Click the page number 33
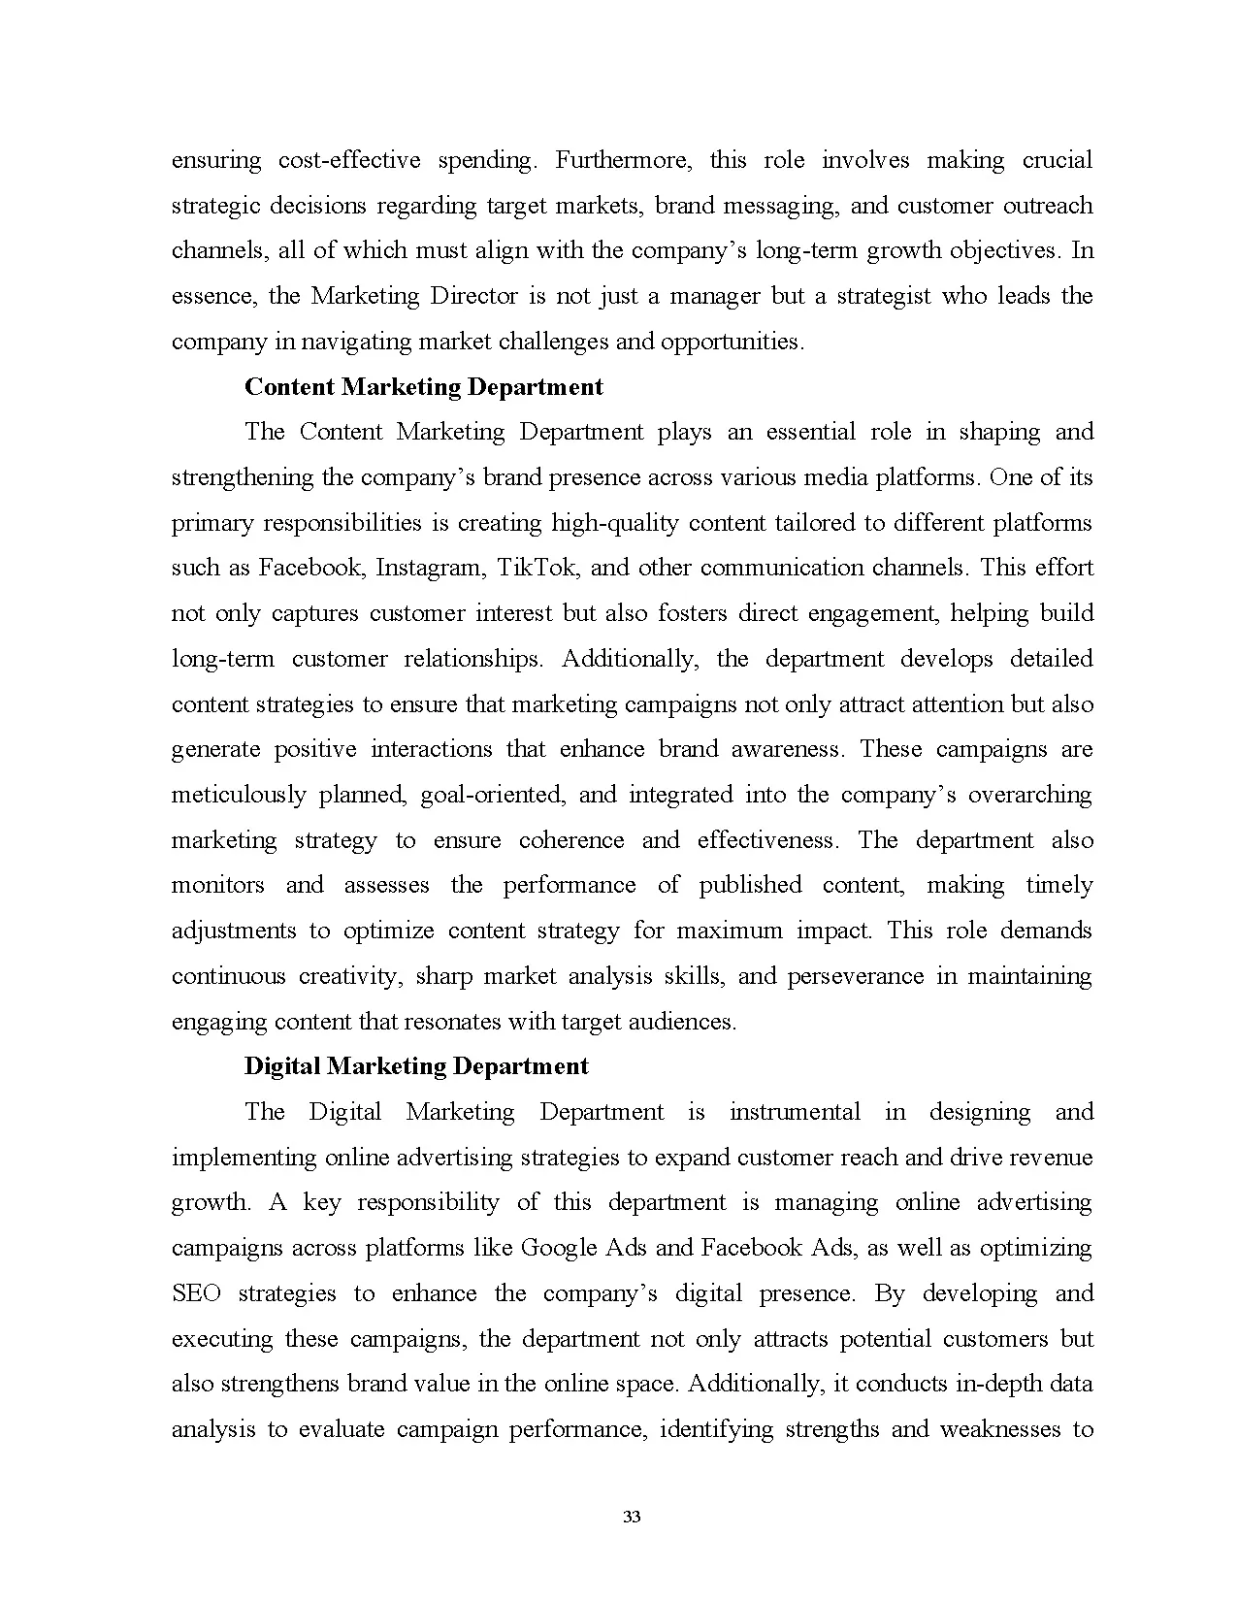click(x=632, y=1518)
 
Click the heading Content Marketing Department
click(x=423, y=387)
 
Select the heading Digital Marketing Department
click(x=416, y=1066)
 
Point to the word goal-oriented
click(x=492, y=795)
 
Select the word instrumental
click(x=794, y=1112)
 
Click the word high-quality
click(x=615, y=523)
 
